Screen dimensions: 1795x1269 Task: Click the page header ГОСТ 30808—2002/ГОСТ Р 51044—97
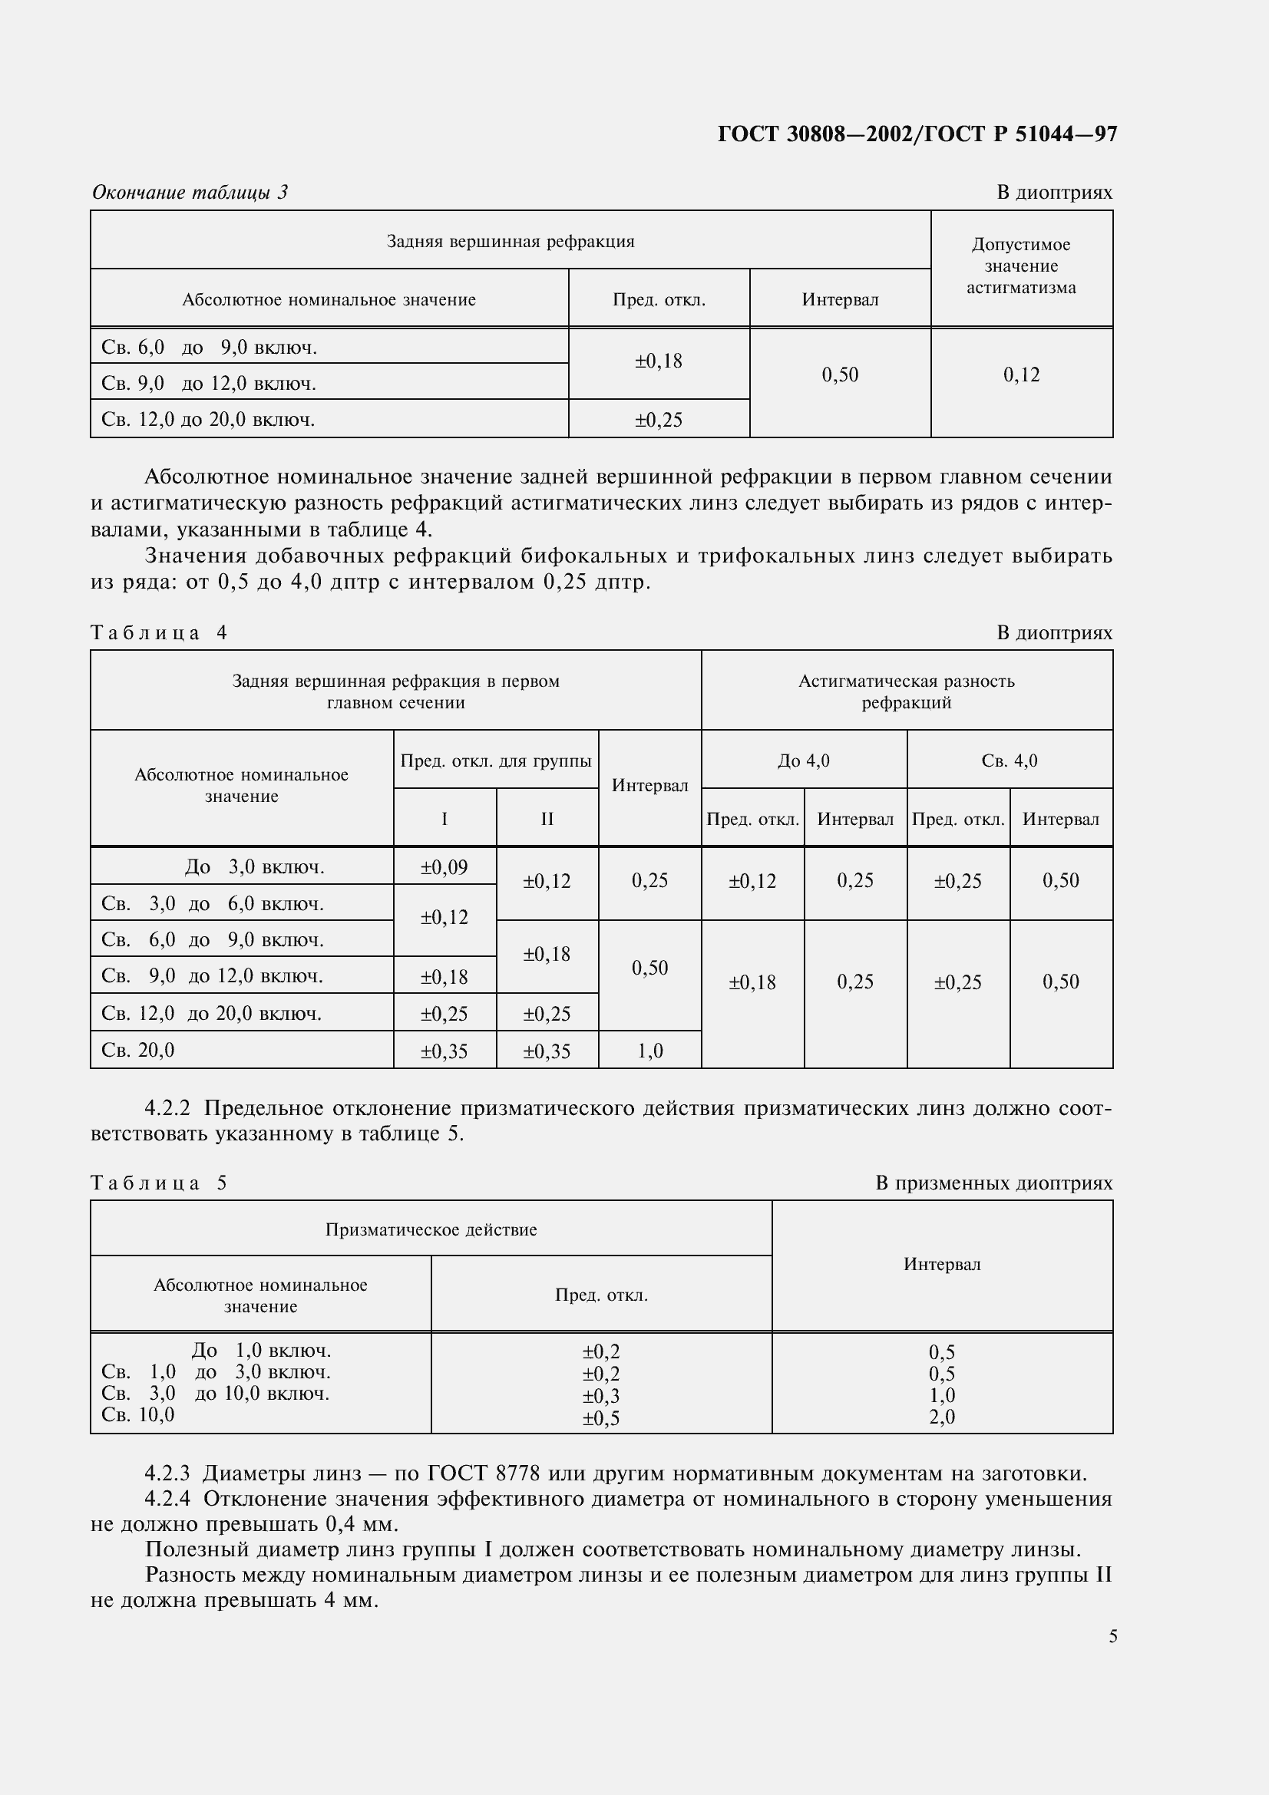[917, 134]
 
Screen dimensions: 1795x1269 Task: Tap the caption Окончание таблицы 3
[190, 193]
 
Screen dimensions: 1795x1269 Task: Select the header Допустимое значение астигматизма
[1020, 266]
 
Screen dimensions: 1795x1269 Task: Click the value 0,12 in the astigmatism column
[1021, 375]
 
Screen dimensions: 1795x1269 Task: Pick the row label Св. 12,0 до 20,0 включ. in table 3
[208, 420]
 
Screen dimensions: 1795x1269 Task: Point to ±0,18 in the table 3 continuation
[658, 361]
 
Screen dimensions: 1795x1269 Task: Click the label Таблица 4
[159, 632]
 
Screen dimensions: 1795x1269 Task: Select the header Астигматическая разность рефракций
[906, 691]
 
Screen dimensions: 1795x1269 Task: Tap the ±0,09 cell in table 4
[444, 867]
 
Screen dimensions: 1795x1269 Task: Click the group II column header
[547, 819]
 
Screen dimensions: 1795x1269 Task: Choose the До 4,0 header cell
[804, 761]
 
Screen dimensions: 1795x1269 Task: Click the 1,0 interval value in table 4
[649, 1051]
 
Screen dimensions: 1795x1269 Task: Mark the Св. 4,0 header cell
[1010, 761]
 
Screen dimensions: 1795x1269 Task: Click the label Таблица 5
[159, 1183]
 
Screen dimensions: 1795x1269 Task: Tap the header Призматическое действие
[431, 1229]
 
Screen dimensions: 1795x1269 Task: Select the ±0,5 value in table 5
[600, 1418]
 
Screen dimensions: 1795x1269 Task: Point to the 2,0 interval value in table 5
[941, 1417]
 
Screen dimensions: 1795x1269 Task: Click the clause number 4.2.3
[167, 1473]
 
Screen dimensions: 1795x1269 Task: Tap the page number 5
[1112, 1636]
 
